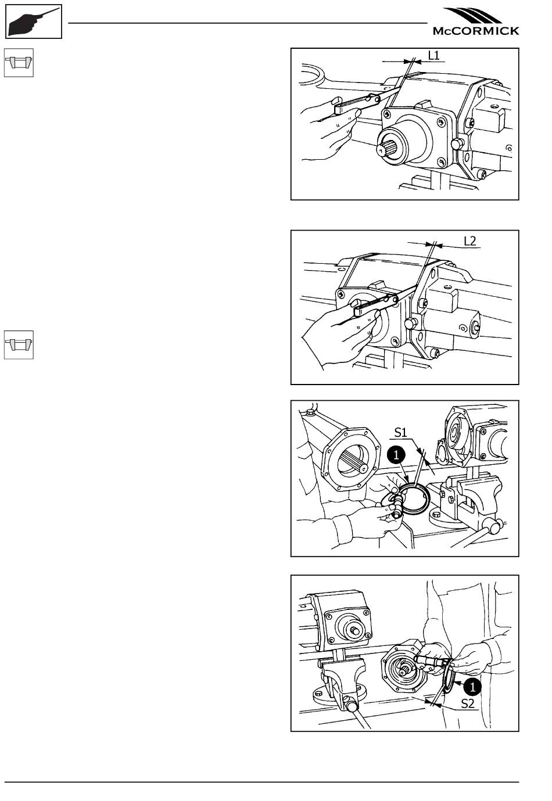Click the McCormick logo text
click(x=475, y=31)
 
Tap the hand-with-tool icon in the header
click(x=34, y=21)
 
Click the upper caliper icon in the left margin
click(x=19, y=63)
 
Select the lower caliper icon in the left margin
click(x=19, y=344)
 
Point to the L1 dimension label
click(x=433, y=55)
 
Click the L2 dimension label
click(x=469, y=241)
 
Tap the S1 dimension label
click(x=401, y=433)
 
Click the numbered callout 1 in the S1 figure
click(x=396, y=455)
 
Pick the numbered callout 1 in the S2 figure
click(x=472, y=687)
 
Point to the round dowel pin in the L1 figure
click(x=456, y=145)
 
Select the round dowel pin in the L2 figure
click(x=411, y=324)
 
